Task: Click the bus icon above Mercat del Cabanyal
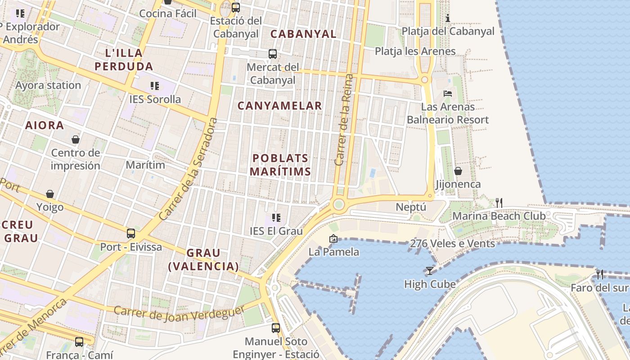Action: [273, 54]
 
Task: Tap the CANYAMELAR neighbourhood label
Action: [279, 106]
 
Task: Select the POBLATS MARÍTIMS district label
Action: [280, 165]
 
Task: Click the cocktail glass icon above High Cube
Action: [430, 271]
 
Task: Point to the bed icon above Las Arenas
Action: [448, 94]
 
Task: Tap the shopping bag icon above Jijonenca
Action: [458, 171]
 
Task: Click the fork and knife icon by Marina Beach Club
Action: [499, 203]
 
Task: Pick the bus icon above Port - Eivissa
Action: [131, 234]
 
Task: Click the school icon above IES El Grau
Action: [276, 218]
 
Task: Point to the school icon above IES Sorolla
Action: [155, 85]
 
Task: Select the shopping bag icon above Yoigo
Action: [50, 194]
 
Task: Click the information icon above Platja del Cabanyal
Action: [448, 18]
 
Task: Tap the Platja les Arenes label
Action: [415, 51]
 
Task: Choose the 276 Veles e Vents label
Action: [452, 243]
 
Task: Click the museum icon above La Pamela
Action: [333, 238]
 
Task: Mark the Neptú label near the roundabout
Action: [411, 207]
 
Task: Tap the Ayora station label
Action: [48, 85]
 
